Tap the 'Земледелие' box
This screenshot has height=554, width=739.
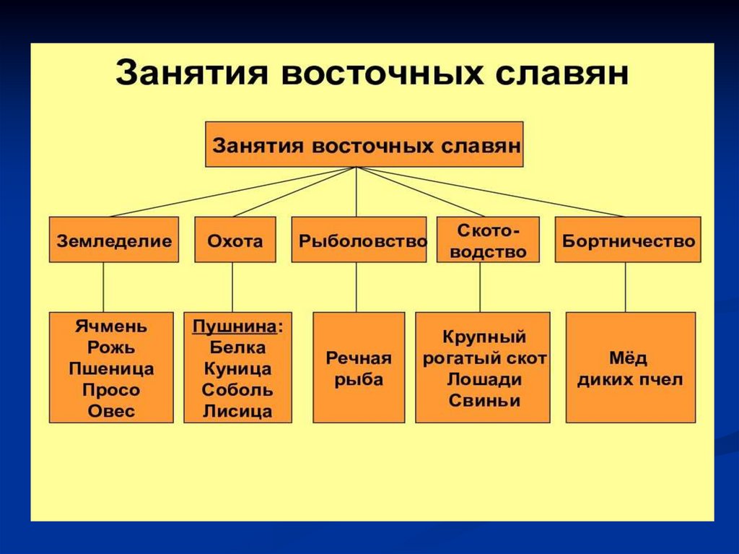pos(114,240)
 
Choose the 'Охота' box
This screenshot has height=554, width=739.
pos(235,240)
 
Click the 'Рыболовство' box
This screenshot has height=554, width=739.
pos(359,240)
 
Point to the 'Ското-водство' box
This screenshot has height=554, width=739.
pos(488,240)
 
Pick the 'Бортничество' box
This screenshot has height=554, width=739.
pos(627,240)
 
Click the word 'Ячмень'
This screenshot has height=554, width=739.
pos(111,326)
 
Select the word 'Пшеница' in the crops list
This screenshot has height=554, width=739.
pos(111,368)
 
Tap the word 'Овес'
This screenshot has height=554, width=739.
pos(111,412)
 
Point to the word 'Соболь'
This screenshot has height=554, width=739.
pos(237,390)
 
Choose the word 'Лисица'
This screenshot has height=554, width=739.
pos(237,412)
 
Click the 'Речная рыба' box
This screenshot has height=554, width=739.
pos(359,368)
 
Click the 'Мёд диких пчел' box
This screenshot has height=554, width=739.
pos(630,368)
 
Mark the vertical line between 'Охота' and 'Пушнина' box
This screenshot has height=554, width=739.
pos(232,287)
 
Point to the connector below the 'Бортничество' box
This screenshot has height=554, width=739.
pos(625,287)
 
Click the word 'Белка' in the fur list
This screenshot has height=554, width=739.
pos(237,347)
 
